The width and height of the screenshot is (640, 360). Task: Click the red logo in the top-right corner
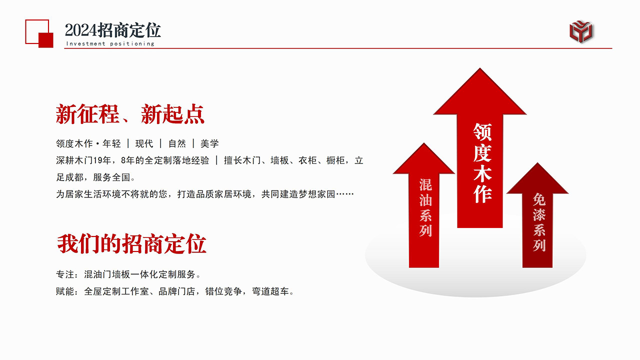click(x=582, y=30)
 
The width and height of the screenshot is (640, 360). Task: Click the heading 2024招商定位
click(x=113, y=30)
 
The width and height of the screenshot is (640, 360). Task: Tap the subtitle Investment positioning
click(x=110, y=43)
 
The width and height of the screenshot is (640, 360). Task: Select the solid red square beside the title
click(x=46, y=40)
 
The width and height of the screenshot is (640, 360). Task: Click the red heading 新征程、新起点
click(x=130, y=114)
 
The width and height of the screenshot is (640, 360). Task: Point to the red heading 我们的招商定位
click(x=131, y=244)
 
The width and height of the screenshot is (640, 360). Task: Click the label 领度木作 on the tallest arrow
click(x=482, y=163)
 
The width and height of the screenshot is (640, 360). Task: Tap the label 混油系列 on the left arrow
click(x=425, y=207)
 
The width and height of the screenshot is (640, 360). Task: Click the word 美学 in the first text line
click(x=209, y=144)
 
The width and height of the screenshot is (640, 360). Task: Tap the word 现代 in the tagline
click(x=144, y=144)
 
